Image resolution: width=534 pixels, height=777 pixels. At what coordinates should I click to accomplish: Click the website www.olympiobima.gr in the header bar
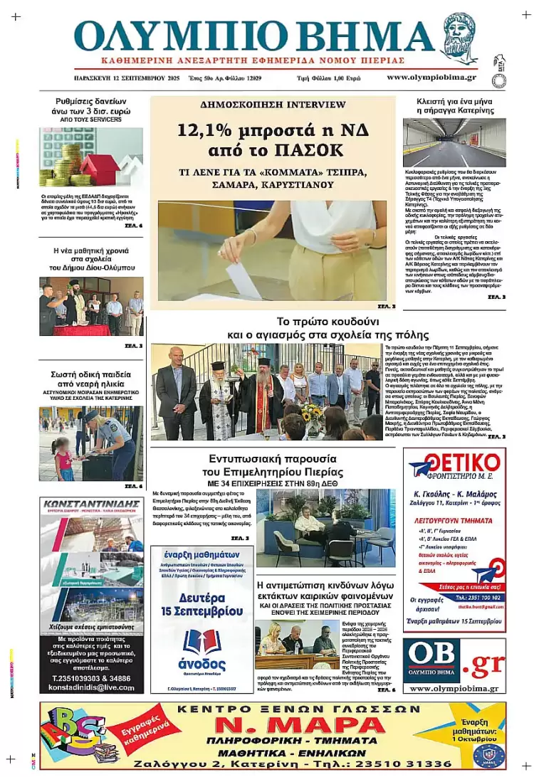431,78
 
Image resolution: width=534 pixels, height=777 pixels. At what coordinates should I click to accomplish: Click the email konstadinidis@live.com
91,688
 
